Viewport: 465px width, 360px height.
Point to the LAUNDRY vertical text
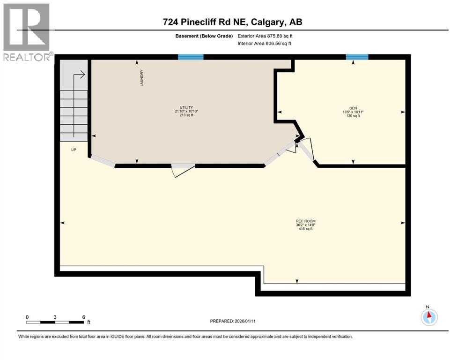tap(141, 78)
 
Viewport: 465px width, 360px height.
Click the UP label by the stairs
tap(74, 150)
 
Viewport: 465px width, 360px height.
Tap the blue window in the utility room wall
tap(191, 57)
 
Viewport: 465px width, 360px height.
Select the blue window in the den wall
tap(357, 57)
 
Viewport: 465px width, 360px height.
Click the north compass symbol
tap(428, 317)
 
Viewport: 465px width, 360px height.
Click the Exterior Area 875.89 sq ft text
tap(265, 36)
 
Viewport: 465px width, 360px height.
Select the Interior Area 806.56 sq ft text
tap(265, 44)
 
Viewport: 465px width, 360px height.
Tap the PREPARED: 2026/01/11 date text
tap(233, 321)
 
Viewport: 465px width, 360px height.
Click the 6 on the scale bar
tap(83, 317)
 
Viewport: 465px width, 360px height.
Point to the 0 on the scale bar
tap(27, 317)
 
